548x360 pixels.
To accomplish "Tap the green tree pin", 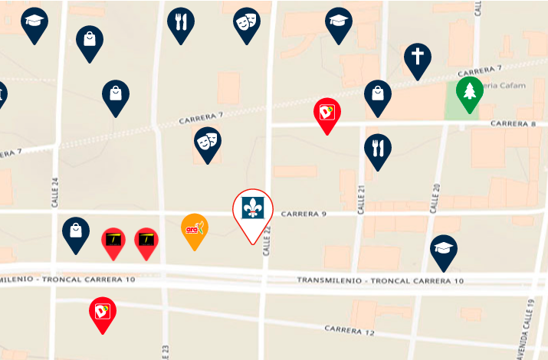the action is tap(469, 92).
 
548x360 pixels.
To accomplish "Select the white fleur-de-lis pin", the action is tap(252, 208).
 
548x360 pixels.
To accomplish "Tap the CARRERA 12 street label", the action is tap(349, 330).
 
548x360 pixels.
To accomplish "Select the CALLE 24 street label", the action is tap(54, 188).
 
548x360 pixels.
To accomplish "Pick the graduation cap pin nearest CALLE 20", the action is tap(443, 249).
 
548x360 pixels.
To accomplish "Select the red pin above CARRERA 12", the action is tap(103, 311).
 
